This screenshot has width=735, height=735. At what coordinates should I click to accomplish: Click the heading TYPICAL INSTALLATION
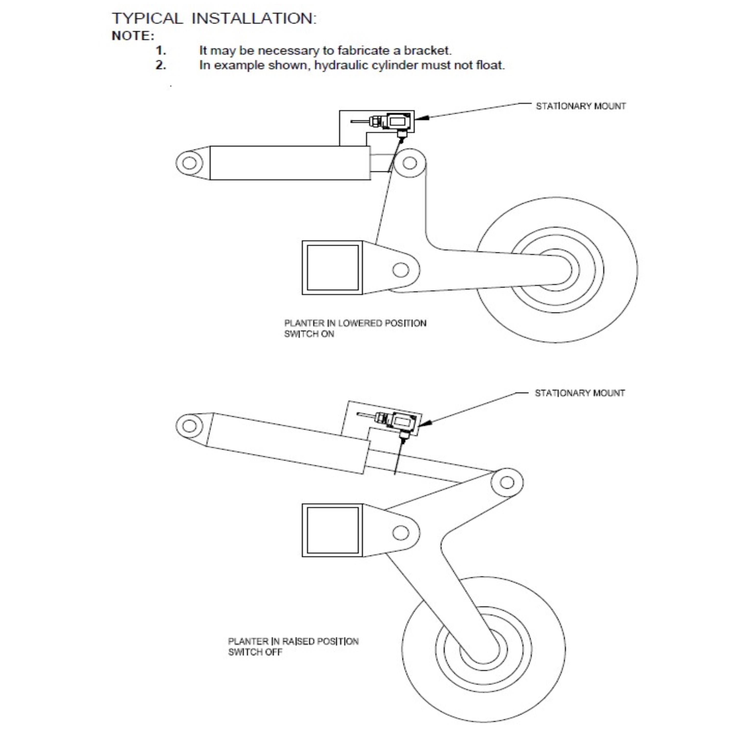pyautogui.click(x=214, y=18)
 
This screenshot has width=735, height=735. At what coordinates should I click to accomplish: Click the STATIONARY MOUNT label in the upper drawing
pyautogui.click(x=581, y=106)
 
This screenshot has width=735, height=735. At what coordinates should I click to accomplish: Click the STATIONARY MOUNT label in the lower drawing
pyautogui.click(x=579, y=393)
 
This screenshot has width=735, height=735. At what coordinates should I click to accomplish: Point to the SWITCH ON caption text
pyautogui.click(x=309, y=334)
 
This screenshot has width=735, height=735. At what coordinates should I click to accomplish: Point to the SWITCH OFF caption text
pyautogui.click(x=255, y=652)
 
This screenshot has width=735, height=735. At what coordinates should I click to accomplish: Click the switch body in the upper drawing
pyautogui.click(x=397, y=122)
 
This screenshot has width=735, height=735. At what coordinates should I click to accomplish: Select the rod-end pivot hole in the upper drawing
pyautogui.click(x=409, y=163)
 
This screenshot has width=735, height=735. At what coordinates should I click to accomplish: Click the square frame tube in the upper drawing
pyautogui.click(x=332, y=268)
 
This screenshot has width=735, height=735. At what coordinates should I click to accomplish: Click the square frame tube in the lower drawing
pyautogui.click(x=332, y=530)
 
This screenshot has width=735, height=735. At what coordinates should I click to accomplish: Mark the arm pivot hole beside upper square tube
pyautogui.click(x=401, y=270)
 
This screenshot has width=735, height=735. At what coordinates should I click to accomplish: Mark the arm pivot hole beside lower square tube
pyautogui.click(x=401, y=533)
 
